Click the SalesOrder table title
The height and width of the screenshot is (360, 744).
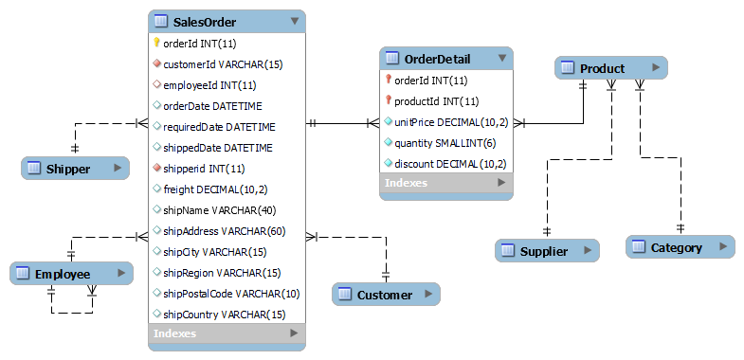coord(206,21)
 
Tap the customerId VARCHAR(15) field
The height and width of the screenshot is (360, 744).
coord(223,64)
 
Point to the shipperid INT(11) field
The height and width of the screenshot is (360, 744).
coord(204,169)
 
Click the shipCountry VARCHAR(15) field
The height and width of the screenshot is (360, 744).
coord(225,315)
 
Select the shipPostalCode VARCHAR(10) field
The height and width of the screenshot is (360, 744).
coord(231,294)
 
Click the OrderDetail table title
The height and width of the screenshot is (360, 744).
coord(436,59)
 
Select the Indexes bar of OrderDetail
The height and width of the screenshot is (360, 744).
coord(446,184)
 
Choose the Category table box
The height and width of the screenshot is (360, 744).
coord(680,247)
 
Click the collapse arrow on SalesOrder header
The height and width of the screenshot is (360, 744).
coord(295,21)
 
